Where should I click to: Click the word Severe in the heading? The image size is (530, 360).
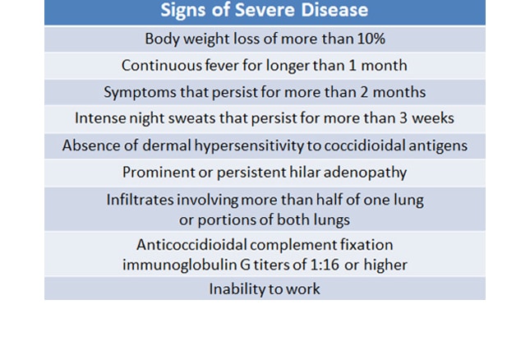coord(265,10)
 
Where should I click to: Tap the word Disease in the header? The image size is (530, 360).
coord(334,10)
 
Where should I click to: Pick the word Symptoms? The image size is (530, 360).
coord(140,92)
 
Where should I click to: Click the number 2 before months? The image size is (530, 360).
coord(364,92)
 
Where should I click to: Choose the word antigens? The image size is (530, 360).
coord(438,145)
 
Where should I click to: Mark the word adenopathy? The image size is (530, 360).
coord(365,173)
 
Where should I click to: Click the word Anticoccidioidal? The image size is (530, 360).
coord(191,245)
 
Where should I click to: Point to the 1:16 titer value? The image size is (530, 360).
coord(325,265)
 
